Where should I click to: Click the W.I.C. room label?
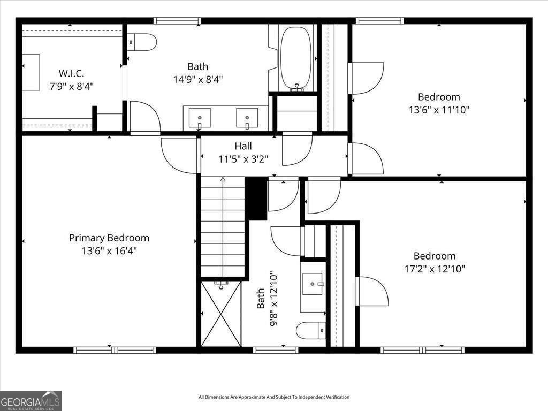point(71,73)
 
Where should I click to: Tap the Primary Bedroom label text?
point(109,238)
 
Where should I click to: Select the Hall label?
point(243,146)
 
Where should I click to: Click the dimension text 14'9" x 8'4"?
point(198,80)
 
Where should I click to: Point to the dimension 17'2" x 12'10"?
point(435,269)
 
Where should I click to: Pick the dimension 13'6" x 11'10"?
point(439,110)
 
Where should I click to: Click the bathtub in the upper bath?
point(296,58)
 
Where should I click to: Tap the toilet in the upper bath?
point(141,42)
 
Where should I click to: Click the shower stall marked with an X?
point(221,314)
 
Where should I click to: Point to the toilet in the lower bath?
point(311,330)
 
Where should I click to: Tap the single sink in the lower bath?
point(313,284)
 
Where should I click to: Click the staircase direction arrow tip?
point(223,178)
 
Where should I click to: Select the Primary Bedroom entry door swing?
point(179,155)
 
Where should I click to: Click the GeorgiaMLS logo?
point(31,400)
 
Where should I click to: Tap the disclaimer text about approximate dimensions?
point(274,397)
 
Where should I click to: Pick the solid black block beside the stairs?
point(256,199)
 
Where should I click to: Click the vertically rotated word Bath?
point(261,299)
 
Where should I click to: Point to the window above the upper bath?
point(178,21)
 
